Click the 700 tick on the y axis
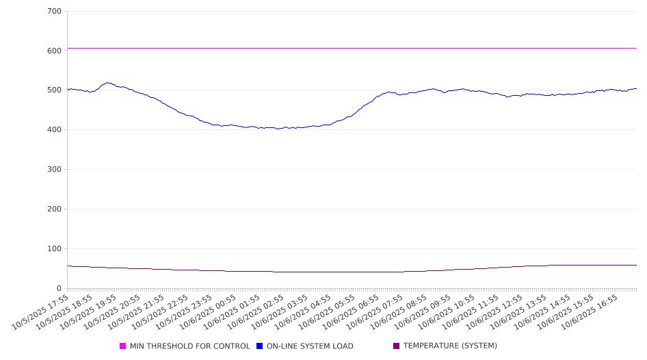[x=54, y=12]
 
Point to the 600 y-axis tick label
[x=54, y=51]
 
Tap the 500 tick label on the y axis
[x=54, y=90]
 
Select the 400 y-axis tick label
[x=54, y=130]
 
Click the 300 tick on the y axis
[x=54, y=170]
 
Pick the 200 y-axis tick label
[x=54, y=209]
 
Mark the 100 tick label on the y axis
[x=54, y=249]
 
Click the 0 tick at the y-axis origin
[x=60, y=288]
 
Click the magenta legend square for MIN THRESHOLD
[x=123, y=346]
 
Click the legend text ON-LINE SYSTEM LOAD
[x=310, y=346]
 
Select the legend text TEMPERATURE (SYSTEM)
[x=450, y=346]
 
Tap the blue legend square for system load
[x=260, y=346]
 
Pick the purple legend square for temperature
[x=396, y=346]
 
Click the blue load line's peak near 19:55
[x=107, y=83]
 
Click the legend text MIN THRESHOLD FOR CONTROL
[x=189, y=346]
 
